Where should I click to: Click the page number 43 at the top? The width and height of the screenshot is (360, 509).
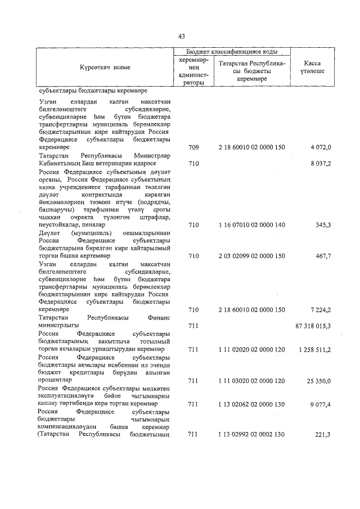tap(181, 37)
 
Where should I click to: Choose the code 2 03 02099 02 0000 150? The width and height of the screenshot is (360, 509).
tap(252, 255)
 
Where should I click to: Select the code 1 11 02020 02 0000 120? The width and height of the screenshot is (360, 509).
tap(252, 349)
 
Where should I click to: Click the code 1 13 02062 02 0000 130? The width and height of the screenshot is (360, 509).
tap(252, 404)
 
